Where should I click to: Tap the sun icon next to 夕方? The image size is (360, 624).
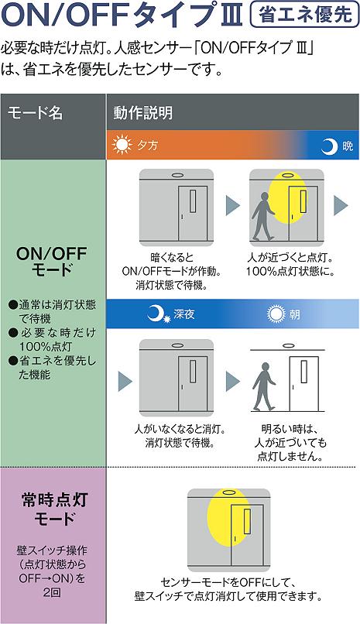122,145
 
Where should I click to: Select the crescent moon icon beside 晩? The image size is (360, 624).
329,146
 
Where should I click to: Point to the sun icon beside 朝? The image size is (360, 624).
276,314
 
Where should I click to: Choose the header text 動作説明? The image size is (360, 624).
142,113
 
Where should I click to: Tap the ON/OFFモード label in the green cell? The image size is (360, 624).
52,262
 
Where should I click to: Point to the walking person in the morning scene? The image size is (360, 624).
264,386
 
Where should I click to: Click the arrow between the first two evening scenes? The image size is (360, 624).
233,206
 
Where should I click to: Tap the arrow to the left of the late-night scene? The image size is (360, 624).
125,381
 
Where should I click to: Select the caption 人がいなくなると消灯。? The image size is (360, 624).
180,430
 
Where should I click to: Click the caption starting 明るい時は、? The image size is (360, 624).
290,443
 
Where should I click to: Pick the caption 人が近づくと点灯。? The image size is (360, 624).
290,259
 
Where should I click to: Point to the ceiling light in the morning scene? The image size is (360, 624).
287,345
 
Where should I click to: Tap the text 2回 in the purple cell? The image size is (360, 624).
52,592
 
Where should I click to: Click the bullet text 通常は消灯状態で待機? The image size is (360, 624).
53,311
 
